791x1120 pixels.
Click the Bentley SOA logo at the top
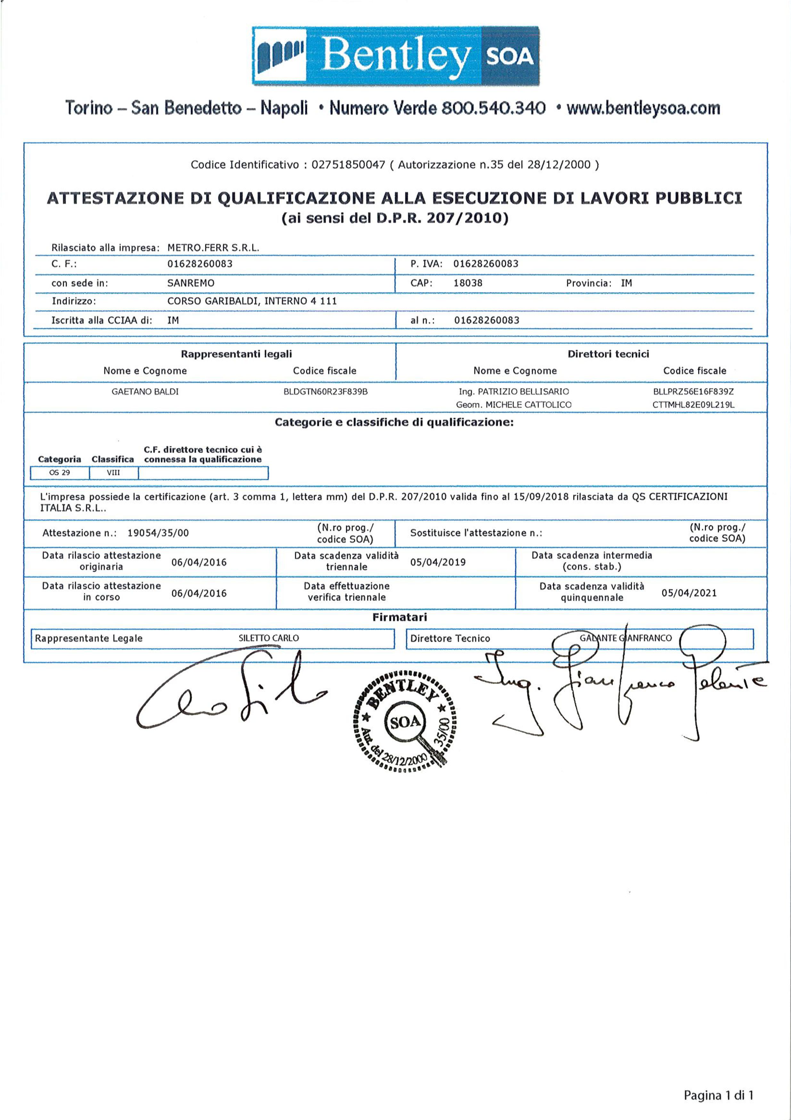[x=396, y=56]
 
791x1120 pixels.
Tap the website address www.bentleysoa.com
[x=643, y=108]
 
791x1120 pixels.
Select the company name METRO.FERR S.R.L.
[x=213, y=247]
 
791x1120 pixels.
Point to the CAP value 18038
[x=467, y=283]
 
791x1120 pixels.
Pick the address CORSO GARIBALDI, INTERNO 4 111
[x=252, y=301]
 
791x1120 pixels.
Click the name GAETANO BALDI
[x=145, y=392]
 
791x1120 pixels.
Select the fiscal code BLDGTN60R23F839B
[x=325, y=392]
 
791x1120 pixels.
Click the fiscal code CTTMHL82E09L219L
[x=693, y=405]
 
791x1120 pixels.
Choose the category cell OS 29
[x=60, y=473]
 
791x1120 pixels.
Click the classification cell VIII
[x=113, y=473]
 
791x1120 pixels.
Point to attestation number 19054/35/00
[x=158, y=533]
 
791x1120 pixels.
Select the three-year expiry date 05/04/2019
[x=438, y=562]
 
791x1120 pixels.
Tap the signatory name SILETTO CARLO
[x=268, y=638]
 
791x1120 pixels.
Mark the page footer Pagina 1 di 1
[x=718, y=1095]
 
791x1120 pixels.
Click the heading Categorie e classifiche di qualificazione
[x=394, y=422]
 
